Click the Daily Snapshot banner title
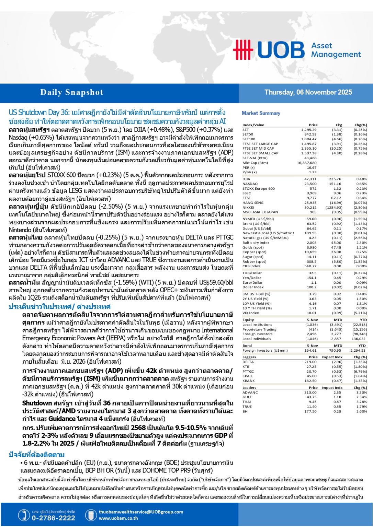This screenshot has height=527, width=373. pyautogui.click(x=71, y=92)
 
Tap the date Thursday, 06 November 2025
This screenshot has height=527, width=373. pyautogui.click(x=308, y=92)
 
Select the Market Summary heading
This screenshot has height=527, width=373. pyautogui.click(x=261, y=113)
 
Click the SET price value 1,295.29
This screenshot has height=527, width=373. pyautogui.click(x=309, y=130)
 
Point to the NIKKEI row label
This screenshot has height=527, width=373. pyautogui.click(x=248, y=207)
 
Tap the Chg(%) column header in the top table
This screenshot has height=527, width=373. pyautogui.click(x=361, y=125)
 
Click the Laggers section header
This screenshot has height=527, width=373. pyautogui.click(x=249, y=357)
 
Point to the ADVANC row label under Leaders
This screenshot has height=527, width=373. pyautogui.click(x=250, y=393)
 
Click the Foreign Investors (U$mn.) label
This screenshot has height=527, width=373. pyautogui.click(x=265, y=350)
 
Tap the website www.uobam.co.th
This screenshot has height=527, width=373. pyautogui.click(x=118, y=518)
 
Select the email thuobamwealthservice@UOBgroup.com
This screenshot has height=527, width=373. pyautogui.click(x=141, y=512)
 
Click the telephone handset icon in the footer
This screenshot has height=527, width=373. pyautogui.click(x=24, y=515)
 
